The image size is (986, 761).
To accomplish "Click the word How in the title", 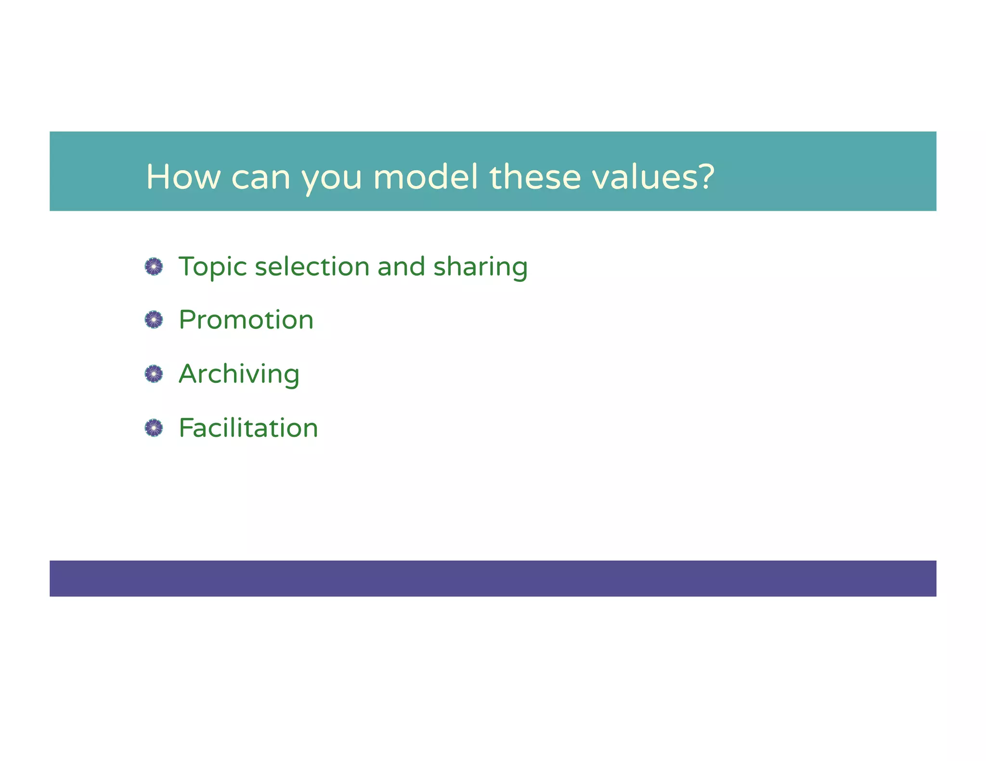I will coord(183,177).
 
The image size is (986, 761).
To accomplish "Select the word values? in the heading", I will coord(653,177).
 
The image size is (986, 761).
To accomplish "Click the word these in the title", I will coord(535,177).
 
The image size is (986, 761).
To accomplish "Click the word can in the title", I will coord(260,178).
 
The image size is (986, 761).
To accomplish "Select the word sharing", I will coord(480,268).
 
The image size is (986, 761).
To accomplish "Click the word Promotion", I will coord(246,320).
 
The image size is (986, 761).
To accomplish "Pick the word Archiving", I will coord(239,374).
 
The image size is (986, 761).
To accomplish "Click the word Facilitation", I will coord(248,428).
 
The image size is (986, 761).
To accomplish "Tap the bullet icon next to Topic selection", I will coord(154,266).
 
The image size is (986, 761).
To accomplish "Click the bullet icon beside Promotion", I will coord(154,319).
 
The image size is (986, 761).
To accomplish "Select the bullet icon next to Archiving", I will coord(154,374).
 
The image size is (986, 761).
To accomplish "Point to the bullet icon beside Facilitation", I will coord(154,428).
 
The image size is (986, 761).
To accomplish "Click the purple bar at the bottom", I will coord(493,578).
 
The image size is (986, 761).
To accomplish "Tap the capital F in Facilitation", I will coord(186,428).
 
